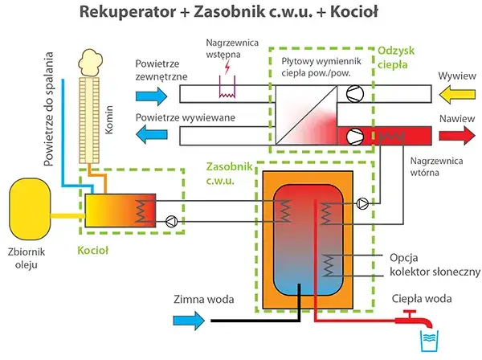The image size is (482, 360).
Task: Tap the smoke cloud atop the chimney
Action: click(91, 59)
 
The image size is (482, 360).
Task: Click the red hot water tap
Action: click(414, 316)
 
